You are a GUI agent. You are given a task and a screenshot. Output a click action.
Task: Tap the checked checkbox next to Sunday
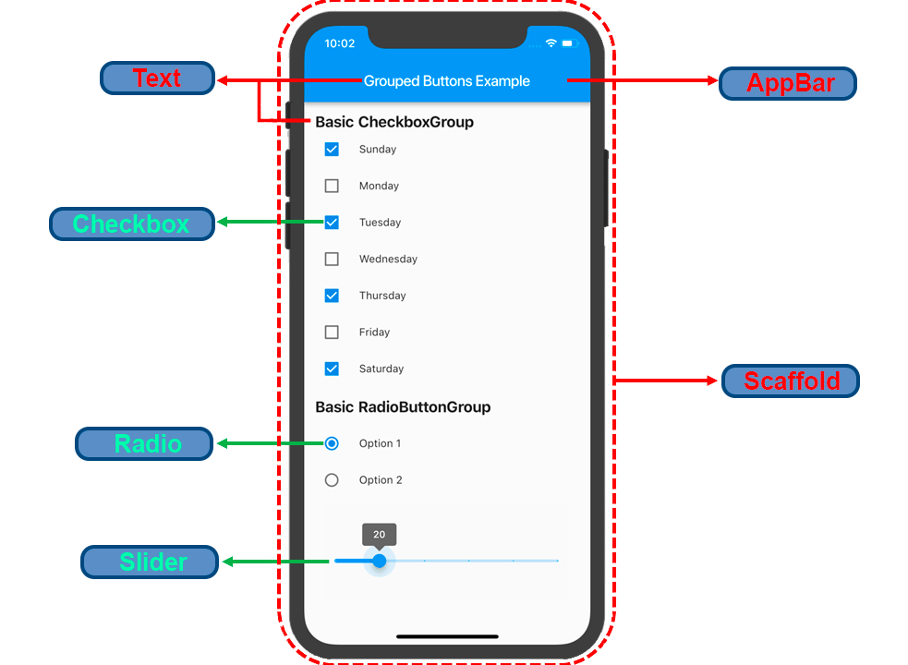point(332,149)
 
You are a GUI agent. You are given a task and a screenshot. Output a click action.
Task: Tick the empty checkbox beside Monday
point(332,186)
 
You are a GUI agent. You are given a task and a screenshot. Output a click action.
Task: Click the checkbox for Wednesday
point(332,260)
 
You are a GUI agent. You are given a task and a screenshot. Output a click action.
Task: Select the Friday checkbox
point(332,332)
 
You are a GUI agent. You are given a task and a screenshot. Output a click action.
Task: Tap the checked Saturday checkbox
point(332,369)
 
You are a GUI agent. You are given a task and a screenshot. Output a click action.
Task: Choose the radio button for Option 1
point(332,443)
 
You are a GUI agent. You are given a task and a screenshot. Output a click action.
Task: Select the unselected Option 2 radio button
point(332,480)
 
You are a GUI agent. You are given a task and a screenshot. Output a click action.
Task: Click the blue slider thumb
point(379,561)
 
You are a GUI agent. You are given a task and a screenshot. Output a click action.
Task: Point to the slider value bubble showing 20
point(379,535)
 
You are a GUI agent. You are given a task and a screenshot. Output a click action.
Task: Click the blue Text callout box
point(157,79)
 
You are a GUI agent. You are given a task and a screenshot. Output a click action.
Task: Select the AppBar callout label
point(788,83)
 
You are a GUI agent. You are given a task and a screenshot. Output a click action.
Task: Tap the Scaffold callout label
point(791,381)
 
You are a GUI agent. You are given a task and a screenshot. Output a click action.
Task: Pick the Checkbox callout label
point(131,224)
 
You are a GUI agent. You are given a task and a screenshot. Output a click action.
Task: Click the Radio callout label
point(145,444)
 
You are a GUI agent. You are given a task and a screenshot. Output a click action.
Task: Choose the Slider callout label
point(150,562)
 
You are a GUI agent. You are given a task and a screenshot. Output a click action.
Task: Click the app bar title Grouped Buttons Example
point(446,81)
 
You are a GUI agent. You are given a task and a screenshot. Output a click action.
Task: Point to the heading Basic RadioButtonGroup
point(403,407)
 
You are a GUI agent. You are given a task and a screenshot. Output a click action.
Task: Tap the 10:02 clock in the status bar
point(340,43)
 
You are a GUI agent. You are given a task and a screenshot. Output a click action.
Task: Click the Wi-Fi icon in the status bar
point(551,43)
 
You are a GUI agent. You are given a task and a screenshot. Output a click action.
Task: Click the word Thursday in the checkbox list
point(382,296)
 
